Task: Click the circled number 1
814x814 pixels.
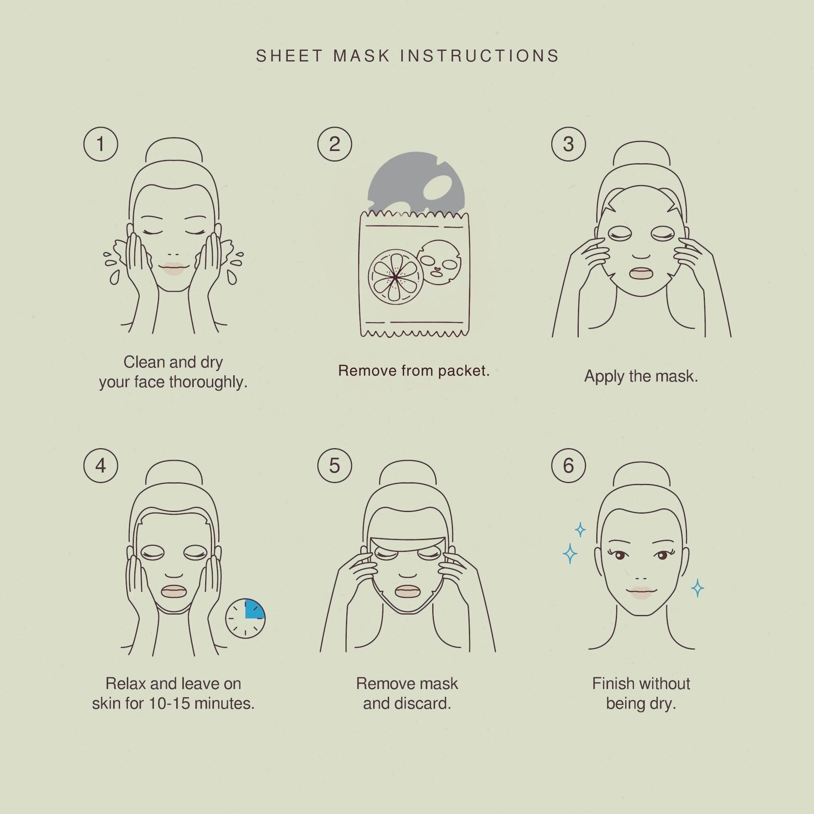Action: point(100,144)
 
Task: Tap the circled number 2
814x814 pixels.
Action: point(335,144)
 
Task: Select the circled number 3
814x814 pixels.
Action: point(569,144)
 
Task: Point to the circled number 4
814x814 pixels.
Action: point(100,466)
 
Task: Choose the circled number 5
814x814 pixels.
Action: point(335,466)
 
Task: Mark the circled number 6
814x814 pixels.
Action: point(569,466)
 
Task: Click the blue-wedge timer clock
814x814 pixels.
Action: point(245,618)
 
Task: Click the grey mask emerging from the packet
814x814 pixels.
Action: point(416,182)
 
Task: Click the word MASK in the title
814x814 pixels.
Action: point(361,56)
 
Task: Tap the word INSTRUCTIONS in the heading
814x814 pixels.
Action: point(480,56)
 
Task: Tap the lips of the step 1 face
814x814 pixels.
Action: point(173,268)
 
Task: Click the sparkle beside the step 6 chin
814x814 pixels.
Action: point(697,588)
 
